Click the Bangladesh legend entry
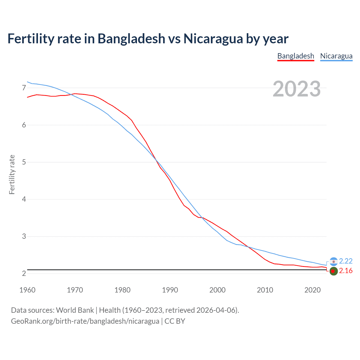coord(296,56)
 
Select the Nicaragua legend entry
coord(336,56)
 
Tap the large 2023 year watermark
coord(296,89)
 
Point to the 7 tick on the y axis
coord(24,88)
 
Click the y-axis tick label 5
coord(24,162)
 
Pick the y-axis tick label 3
coord(24,236)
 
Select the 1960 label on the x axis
coord(27,290)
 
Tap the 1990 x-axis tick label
coord(170,290)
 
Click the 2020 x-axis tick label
coord(312,290)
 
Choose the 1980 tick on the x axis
coord(122,290)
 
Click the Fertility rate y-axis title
coord(12,174)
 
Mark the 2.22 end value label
coord(346,261)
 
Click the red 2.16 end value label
coord(346,271)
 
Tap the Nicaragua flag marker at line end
coord(334,262)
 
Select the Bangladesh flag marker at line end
coord(334,271)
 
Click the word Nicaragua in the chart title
coord(213,39)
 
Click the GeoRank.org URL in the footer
coord(85,321)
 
